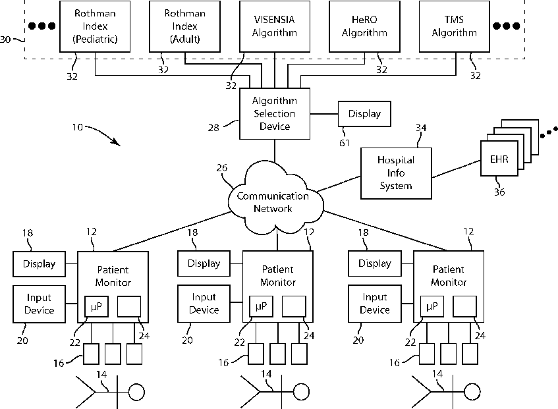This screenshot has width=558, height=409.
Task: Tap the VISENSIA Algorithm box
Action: pyautogui.click(x=275, y=26)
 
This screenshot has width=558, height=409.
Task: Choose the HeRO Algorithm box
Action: pyautogui.click(x=365, y=26)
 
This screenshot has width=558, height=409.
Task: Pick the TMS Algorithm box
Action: pyautogui.click(x=454, y=26)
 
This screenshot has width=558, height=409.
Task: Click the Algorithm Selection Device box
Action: pyautogui.click(x=275, y=113)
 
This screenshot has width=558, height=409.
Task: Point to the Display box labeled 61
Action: pyautogui.click(x=364, y=113)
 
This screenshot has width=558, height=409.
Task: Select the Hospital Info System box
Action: pyautogui.click(x=395, y=173)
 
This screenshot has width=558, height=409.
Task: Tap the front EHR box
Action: pyautogui.click(x=499, y=160)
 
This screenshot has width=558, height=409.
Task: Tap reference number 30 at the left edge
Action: pyautogui.click(x=5, y=40)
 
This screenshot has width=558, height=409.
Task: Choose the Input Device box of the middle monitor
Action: pyautogui.click(x=204, y=304)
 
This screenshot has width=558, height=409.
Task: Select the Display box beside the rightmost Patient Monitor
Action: pyautogui.click(x=375, y=263)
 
